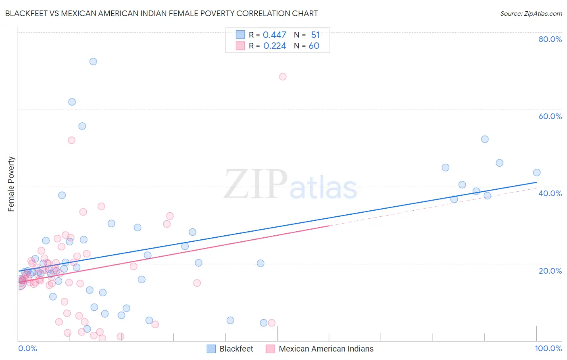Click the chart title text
click(x=161, y=13)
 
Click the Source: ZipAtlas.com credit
click(x=531, y=13)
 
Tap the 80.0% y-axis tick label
click(x=550, y=39)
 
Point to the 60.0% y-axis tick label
click(x=550, y=116)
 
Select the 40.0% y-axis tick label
click(x=550, y=193)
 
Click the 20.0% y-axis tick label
click(x=550, y=271)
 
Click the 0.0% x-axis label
click(x=27, y=348)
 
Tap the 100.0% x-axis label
click(x=548, y=348)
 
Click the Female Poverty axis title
click(x=11, y=184)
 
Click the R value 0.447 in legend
click(x=274, y=35)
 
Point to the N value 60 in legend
click(x=314, y=46)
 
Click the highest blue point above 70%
click(x=93, y=62)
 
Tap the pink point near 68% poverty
click(x=283, y=77)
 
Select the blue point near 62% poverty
click(x=72, y=102)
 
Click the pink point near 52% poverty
click(x=71, y=140)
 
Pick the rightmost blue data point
click(x=537, y=173)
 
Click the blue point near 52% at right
click(x=485, y=139)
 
